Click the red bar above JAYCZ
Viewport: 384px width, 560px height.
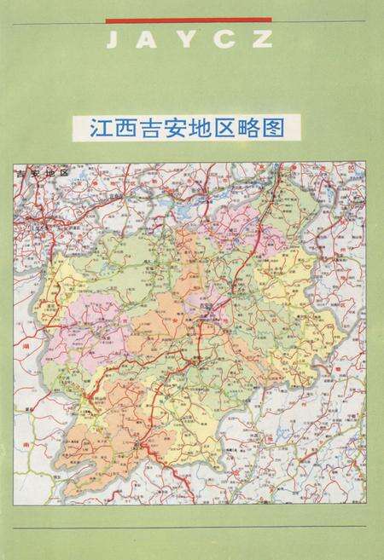pyautogui.click(x=189, y=19)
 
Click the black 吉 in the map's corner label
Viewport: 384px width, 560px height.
pyautogui.click(x=22, y=173)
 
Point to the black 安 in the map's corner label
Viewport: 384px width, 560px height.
pyautogui.click(x=35, y=173)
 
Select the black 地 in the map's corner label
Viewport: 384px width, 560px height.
pyautogui.click(x=49, y=173)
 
